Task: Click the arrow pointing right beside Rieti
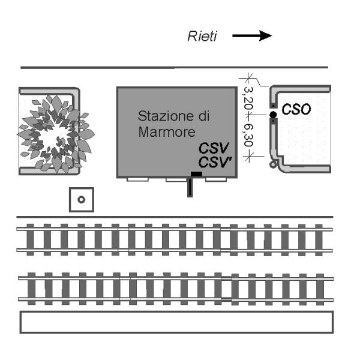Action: pos(252,37)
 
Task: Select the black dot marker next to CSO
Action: pos(273,114)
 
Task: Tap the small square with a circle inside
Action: pos(82,199)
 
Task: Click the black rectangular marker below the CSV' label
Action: pos(196,175)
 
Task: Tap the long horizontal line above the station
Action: pos(174,67)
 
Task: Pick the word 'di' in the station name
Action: pos(205,115)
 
